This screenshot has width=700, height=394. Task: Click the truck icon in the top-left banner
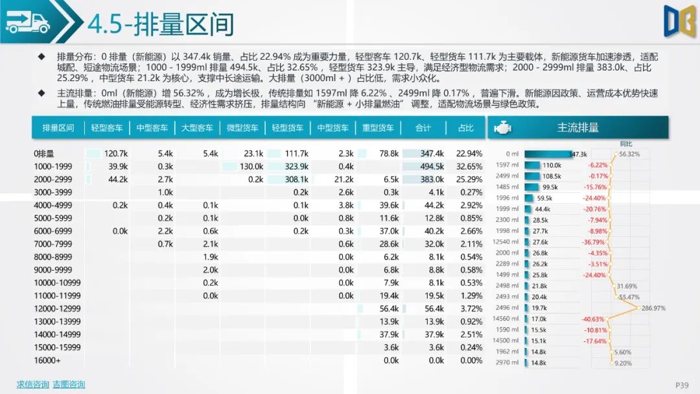click(28, 23)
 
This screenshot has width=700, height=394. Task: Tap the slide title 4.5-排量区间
click(161, 25)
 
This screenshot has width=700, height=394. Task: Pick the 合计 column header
click(423, 128)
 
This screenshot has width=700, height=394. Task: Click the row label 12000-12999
click(58, 309)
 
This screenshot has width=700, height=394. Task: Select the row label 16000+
click(47, 361)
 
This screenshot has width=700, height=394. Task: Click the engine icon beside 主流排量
click(502, 128)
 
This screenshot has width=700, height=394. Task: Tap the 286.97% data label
click(653, 308)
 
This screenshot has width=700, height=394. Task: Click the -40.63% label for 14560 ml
click(593, 319)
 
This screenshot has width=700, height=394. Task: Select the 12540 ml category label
click(506, 242)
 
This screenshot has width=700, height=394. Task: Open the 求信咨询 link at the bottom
click(32, 384)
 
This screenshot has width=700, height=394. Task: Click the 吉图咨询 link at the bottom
click(69, 384)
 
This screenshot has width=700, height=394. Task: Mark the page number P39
click(682, 385)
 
